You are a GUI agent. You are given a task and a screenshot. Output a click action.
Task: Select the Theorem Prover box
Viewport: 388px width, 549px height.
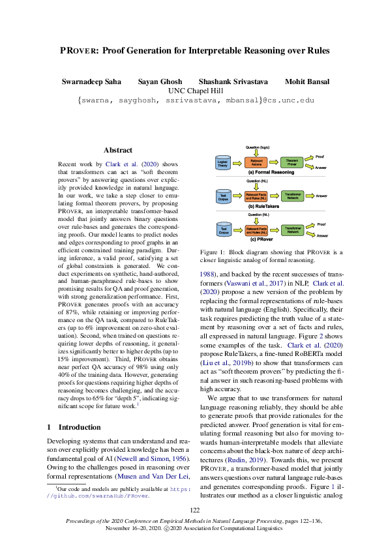(292, 163)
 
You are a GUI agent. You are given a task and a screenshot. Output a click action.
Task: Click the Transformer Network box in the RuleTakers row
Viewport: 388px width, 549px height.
(292, 195)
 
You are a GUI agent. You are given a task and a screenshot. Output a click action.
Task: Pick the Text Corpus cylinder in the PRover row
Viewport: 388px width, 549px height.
(222, 230)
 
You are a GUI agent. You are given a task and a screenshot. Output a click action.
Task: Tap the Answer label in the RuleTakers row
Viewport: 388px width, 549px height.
(321, 195)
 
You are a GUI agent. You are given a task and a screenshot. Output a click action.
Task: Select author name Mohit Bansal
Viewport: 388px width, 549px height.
(307, 82)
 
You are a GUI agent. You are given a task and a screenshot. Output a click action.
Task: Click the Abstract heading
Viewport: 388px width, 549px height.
(118, 150)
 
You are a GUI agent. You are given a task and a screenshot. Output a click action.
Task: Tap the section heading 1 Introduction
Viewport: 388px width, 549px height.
(74, 427)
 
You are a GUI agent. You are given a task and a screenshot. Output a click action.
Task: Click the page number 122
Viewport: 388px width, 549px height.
(194, 510)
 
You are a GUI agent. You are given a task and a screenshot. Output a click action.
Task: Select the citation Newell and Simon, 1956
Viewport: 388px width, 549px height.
(154, 459)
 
